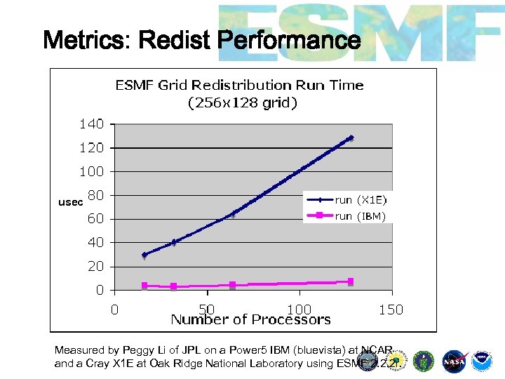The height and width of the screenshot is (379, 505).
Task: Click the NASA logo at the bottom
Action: pos(456,361)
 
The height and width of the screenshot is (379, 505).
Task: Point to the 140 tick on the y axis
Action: pos(90,124)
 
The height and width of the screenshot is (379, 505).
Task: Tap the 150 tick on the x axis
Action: pos(391,309)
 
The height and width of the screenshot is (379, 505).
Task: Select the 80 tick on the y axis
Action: pos(95,195)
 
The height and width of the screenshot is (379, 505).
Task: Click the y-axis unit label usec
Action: pos(70,202)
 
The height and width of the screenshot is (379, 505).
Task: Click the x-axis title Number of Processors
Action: pos(250,320)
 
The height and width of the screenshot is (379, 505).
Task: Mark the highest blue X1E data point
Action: pos(351,138)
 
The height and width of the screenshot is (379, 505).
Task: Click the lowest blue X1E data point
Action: pos(144,255)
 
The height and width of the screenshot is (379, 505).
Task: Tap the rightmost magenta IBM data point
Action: pos(351,281)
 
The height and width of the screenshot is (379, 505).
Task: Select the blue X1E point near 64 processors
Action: pos(232,214)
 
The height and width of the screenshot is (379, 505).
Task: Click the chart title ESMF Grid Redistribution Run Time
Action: pos(239,85)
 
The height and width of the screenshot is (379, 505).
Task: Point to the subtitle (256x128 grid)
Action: pos(243,103)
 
